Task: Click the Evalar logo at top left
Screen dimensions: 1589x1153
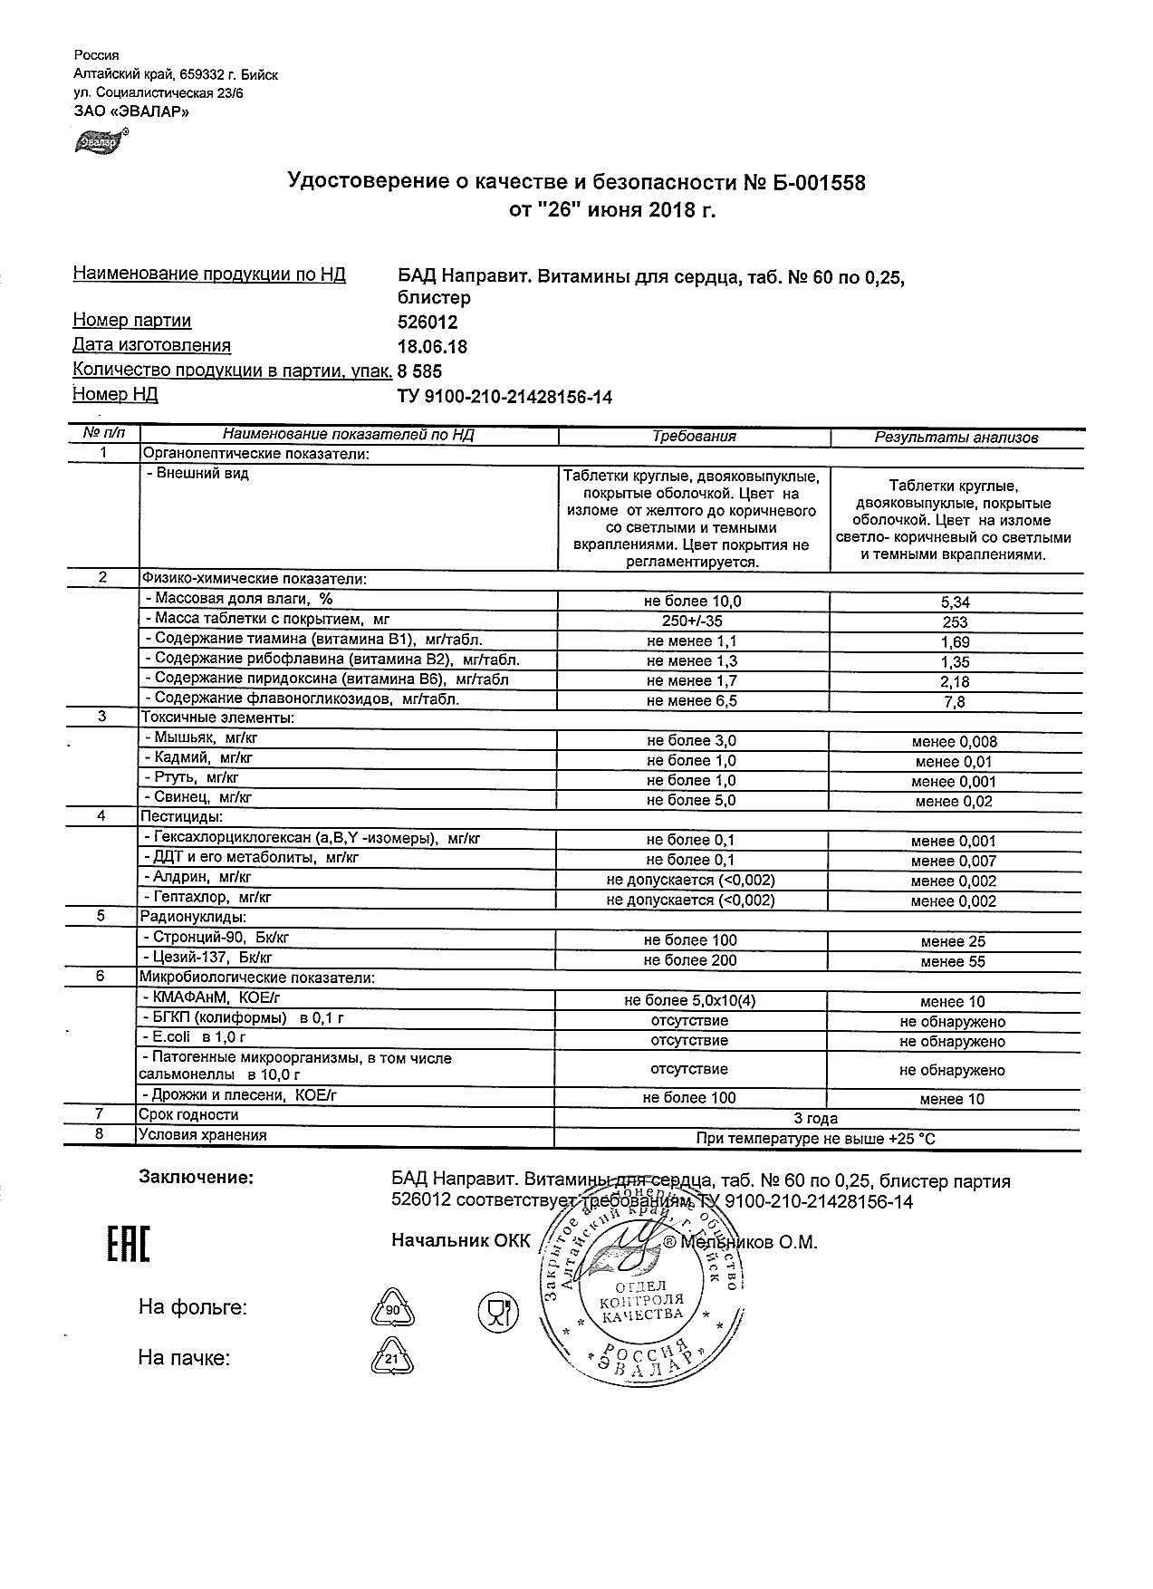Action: (x=99, y=141)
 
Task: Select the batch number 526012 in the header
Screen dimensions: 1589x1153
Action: (x=428, y=323)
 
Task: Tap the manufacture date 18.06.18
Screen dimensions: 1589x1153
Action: (x=432, y=347)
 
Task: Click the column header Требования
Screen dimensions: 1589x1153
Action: (x=694, y=437)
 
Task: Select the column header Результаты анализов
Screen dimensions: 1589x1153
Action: (x=956, y=438)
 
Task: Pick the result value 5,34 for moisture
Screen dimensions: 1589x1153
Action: (x=955, y=602)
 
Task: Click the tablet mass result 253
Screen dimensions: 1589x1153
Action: (x=955, y=622)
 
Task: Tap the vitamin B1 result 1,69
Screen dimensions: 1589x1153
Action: (x=955, y=642)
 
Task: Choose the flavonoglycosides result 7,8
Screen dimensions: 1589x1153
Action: (x=955, y=702)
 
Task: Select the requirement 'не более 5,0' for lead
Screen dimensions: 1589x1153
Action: (x=691, y=801)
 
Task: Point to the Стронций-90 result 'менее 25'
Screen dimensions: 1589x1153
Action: (x=953, y=942)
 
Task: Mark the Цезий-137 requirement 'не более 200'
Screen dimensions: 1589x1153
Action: (x=690, y=961)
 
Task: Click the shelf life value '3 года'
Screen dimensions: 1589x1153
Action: (x=815, y=1119)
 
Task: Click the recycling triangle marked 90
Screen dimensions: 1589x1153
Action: (x=392, y=1310)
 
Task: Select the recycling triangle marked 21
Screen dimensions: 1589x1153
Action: (x=391, y=1359)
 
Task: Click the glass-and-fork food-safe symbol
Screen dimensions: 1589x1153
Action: (x=497, y=1311)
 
